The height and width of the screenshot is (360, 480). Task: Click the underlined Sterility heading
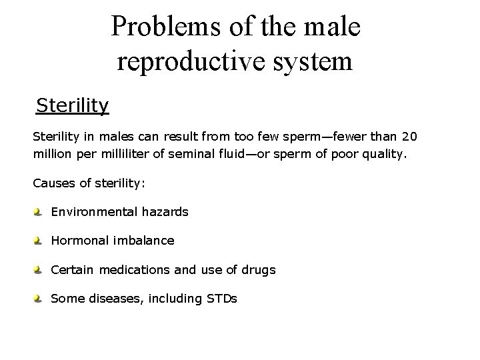coord(73,105)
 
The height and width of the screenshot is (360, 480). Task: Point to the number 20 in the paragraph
coord(411,137)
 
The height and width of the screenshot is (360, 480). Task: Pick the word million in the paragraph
coord(52,154)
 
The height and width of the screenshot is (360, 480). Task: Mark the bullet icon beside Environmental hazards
coord(38,212)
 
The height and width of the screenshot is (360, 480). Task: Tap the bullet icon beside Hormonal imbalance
coord(38,241)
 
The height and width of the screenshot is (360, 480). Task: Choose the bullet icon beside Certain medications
coord(38,270)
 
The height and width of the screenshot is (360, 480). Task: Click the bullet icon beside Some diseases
coord(38,299)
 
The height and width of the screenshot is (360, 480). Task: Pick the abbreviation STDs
coord(218,299)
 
